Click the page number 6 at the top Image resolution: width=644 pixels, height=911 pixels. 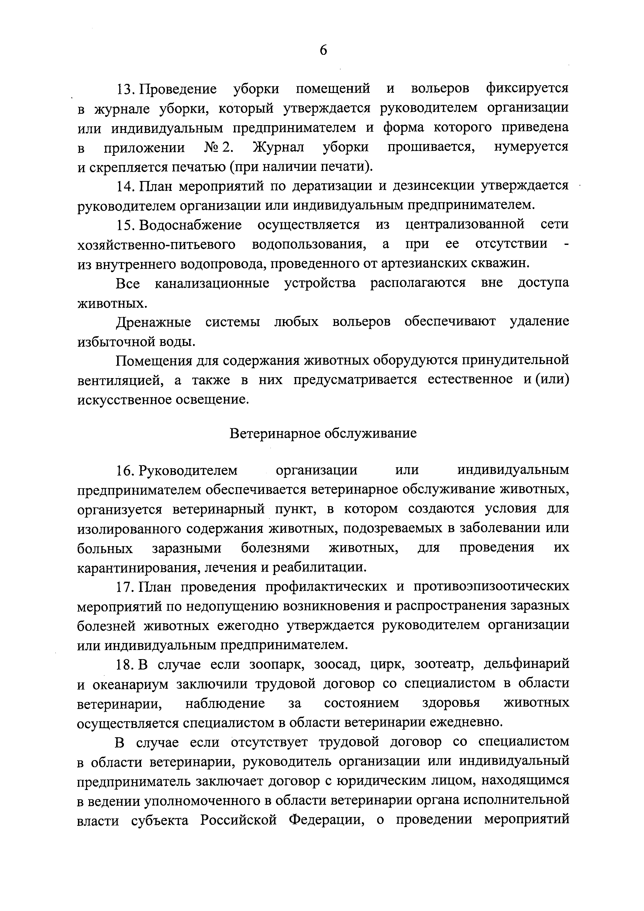(323, 50)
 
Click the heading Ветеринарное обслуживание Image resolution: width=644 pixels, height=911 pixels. (323, 433)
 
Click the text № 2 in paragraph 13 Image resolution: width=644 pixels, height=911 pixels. (217, 147)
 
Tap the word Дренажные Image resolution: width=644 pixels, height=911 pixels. (153, 321)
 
